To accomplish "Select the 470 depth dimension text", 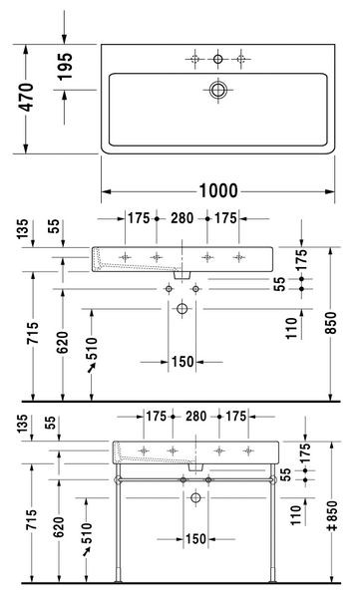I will (29, 97).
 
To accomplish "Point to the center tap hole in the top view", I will (217, 60).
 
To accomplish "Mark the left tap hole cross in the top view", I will (193, 60).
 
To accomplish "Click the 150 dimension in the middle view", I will (181, 362).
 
